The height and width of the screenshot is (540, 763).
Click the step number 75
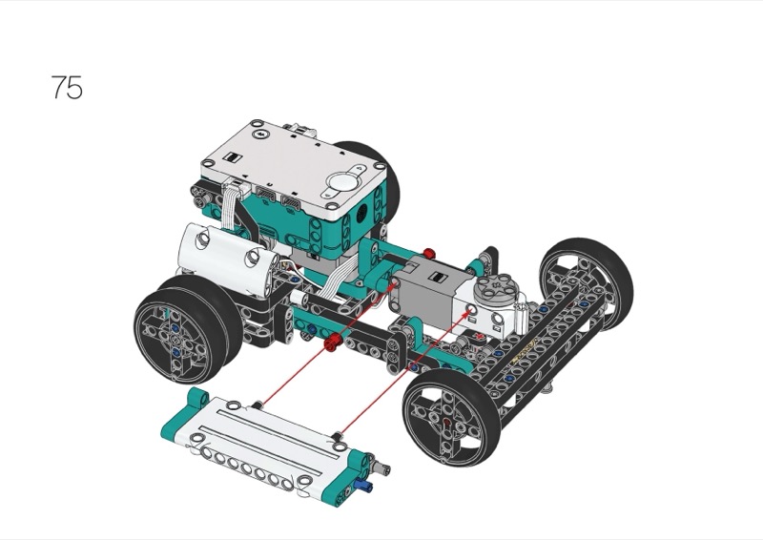point(67,88)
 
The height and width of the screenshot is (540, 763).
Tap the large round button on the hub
point(341,182)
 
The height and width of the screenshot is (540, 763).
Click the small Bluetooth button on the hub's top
point(259,134)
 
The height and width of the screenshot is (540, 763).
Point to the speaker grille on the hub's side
point(362,212)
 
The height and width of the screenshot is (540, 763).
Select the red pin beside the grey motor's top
point(428,253)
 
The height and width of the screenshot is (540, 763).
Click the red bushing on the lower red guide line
point(332,342)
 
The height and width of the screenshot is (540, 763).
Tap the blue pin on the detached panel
point(363,484)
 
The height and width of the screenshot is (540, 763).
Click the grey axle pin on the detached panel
point(380,467)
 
